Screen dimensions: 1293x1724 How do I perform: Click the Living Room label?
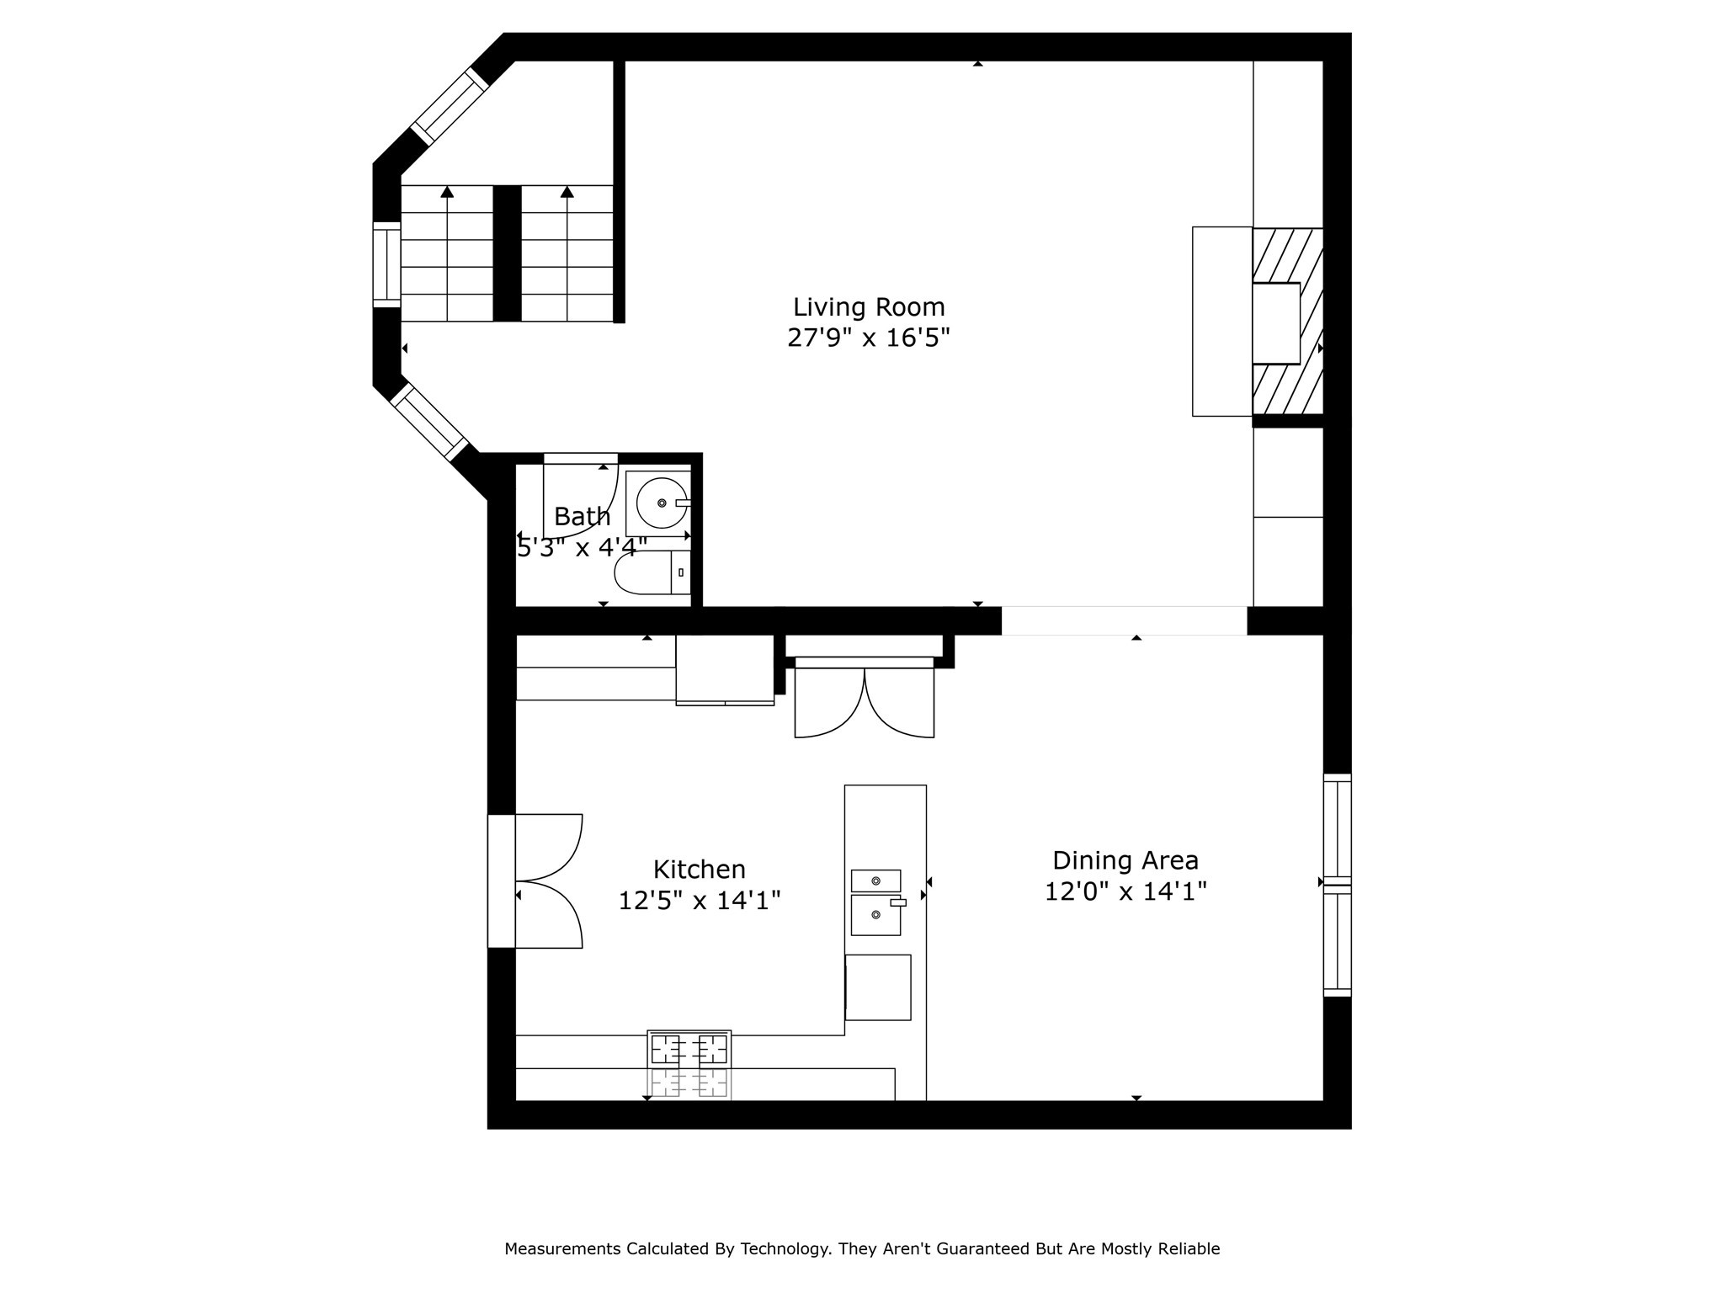(869, 306)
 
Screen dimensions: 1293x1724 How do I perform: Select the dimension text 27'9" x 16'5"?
(869, 338)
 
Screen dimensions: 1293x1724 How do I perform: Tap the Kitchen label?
(700, 869)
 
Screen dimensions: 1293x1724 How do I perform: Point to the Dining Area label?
(1125, 860)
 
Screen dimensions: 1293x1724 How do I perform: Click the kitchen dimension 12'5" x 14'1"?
(700, 901)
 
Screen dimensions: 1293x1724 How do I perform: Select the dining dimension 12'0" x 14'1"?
(1125, 891)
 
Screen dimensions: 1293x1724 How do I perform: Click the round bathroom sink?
(662, 503)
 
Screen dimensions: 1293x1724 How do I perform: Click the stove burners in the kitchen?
(689, 1049)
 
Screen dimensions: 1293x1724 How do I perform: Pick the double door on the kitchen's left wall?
(547, 881)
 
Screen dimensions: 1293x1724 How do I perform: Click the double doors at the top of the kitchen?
(865, 703)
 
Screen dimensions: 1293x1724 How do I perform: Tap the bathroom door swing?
(580, 497)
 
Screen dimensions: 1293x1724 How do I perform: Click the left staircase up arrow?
(447, 193)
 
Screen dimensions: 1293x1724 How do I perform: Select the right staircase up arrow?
(567, 193)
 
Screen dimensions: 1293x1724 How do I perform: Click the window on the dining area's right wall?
(1337, 885)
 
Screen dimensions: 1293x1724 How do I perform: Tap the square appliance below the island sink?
(878, 987)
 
